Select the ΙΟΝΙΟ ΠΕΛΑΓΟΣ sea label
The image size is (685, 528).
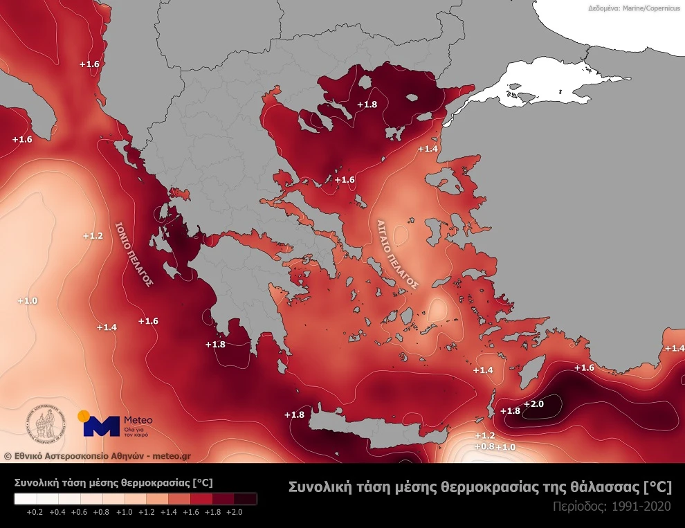[134, 254]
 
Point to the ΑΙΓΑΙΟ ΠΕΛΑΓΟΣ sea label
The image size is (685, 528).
[398, 254]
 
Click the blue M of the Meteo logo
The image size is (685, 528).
[101, 425]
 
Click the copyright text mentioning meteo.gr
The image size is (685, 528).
[97, 455]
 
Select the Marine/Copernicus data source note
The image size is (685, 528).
[634, 9]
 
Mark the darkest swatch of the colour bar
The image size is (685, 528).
[246, 498]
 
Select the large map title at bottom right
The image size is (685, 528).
[479, 486]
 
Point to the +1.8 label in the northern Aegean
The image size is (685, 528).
[367, 104]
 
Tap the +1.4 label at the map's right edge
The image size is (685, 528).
[674, 348]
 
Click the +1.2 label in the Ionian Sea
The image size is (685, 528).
[93, 236]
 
